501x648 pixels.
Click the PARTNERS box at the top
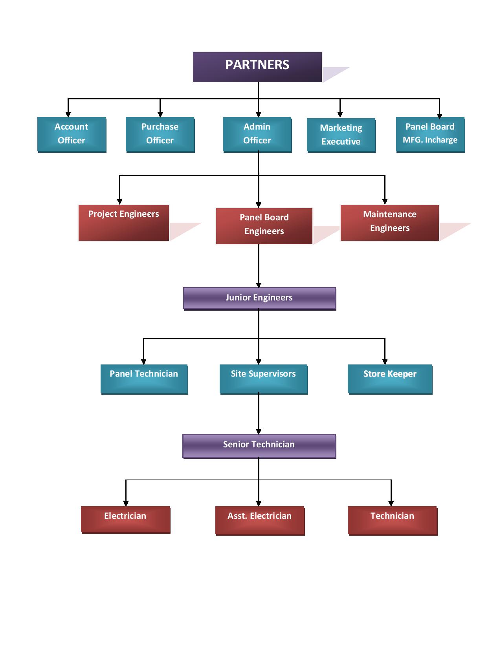257,67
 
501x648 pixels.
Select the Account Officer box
72,134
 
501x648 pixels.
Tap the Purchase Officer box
160,134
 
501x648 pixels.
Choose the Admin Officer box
257,134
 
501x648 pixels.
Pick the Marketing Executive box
341,135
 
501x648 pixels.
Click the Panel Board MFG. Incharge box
430,134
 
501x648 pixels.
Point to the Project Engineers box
124,222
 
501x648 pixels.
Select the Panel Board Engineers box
264,225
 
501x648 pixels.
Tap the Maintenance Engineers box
389,222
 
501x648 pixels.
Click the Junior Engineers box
259,298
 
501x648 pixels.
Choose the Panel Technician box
144,379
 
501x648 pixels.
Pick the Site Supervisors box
263,379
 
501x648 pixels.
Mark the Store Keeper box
390,379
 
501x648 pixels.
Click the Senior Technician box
259,445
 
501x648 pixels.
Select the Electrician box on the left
125,519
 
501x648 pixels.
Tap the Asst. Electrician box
260,520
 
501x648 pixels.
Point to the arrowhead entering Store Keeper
385,362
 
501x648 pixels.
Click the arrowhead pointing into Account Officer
68,114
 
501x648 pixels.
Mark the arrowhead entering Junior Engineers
259,285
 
